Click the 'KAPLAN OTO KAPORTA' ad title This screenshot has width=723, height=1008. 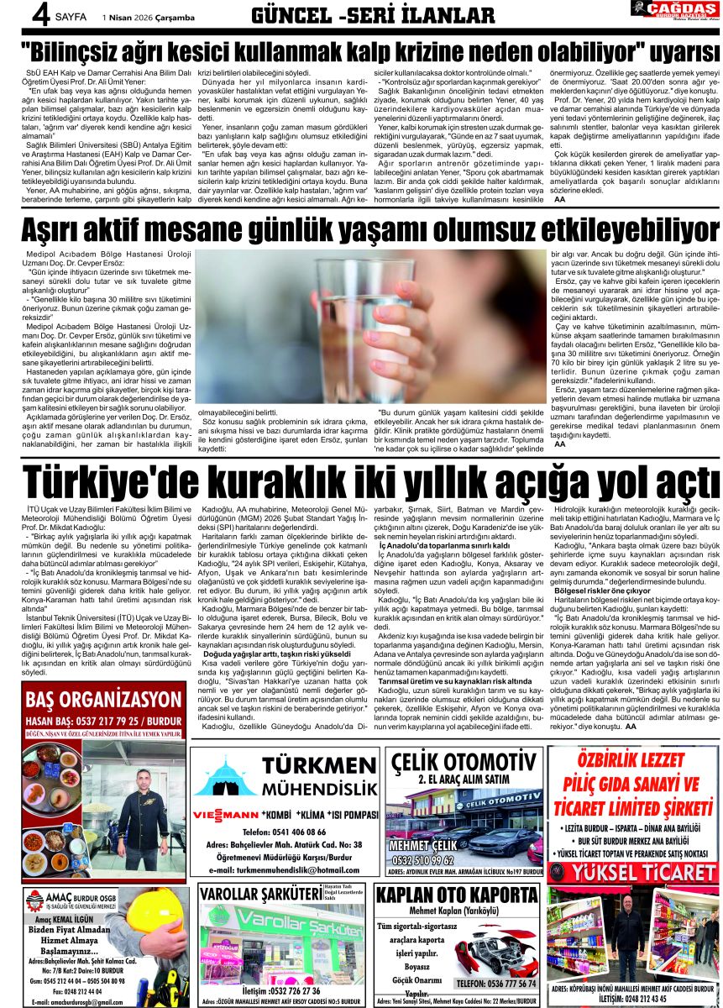(x=457, y=895)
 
